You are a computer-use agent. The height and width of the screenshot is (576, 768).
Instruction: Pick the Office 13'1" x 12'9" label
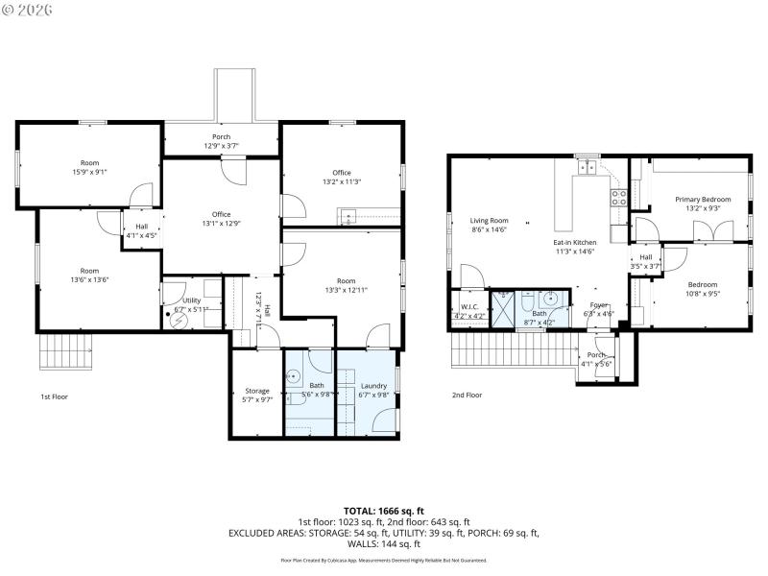click(x=222, y=219)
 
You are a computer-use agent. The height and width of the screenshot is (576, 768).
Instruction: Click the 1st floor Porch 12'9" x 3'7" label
click(x=221, y=141)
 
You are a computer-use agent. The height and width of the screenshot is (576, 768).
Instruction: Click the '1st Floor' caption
click(x=54, y=396)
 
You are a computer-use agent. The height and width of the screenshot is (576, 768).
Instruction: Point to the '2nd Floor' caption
click(x=466, y=395)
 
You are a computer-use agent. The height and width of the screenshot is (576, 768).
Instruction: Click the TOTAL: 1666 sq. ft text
click(x=383, y=511)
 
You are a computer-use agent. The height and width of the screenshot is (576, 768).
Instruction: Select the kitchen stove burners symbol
click(x=619, y=199)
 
